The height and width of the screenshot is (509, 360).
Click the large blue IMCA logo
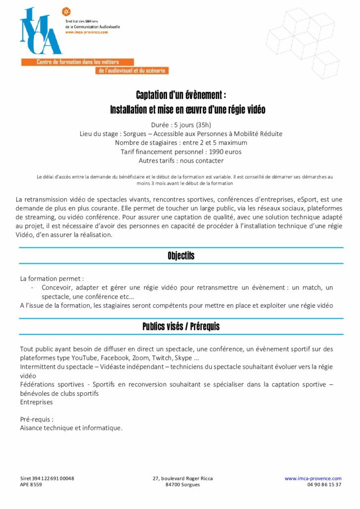coord(41,32)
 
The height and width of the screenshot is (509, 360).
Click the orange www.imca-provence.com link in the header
coord(87,32)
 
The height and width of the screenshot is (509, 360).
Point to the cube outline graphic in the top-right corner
coord(304,42)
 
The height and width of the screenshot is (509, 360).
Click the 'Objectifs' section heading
coord(180,255)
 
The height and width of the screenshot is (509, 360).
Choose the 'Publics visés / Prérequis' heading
coord(180,326)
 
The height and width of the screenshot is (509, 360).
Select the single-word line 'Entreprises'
coord(36,402)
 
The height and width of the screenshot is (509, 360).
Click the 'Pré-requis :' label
coord(37,419)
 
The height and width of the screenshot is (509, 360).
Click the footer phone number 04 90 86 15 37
coord(324,485)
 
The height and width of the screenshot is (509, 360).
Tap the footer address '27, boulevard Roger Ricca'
coord(183,478)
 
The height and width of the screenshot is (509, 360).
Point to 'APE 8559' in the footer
coord(31,485)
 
